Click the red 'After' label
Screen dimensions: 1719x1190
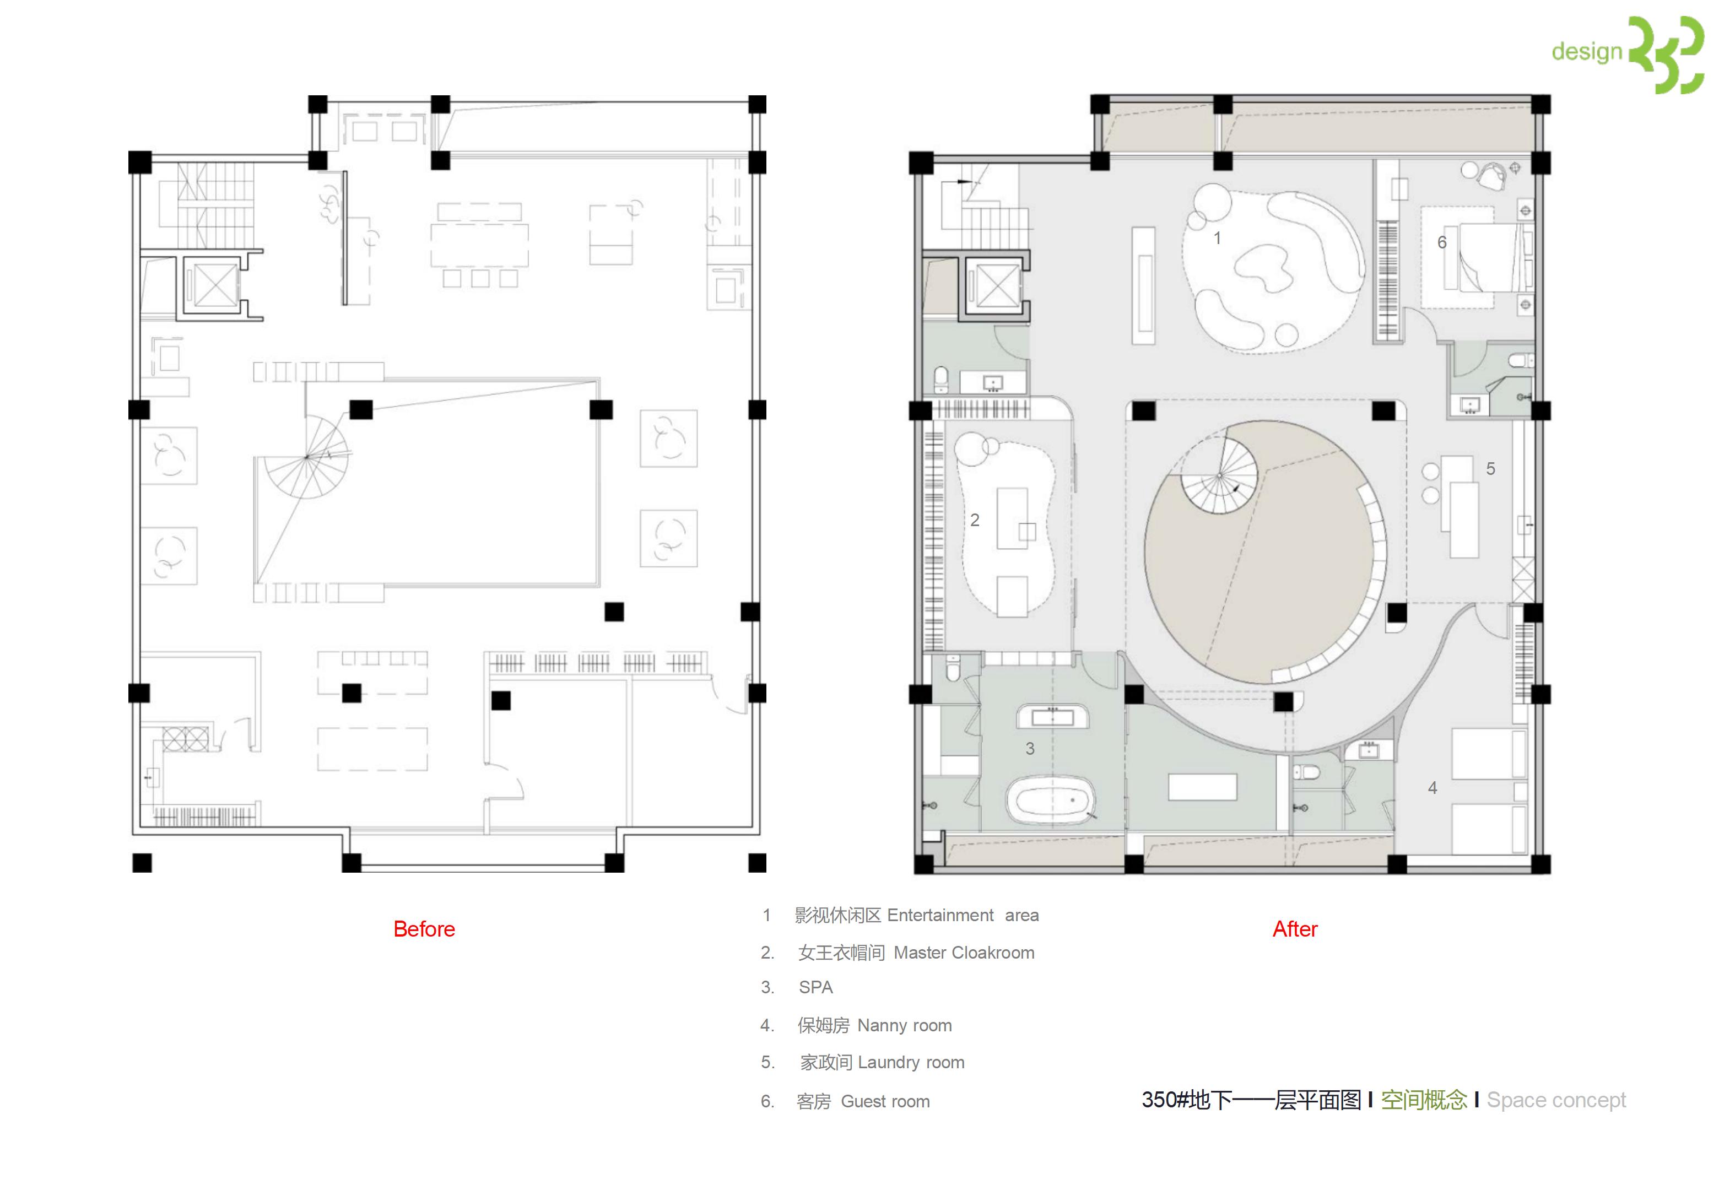1295,929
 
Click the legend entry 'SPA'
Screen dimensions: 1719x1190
815,987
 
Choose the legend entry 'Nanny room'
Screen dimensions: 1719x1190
904,1025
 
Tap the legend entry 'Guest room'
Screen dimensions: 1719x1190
885,1101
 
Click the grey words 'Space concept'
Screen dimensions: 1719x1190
1556,1100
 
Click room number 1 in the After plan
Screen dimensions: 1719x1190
1217,238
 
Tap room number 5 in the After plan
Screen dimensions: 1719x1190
1490,468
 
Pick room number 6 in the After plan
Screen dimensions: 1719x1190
1442,242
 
